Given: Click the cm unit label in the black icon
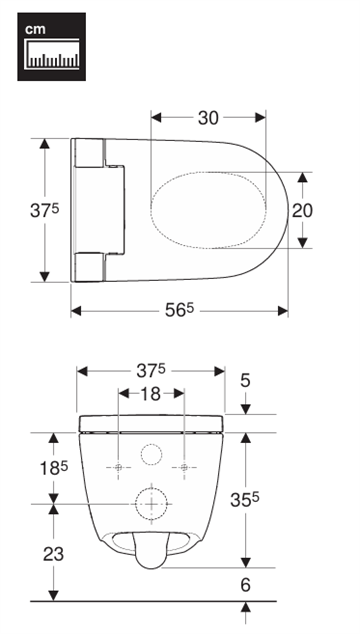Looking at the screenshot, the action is (x=35, y=30).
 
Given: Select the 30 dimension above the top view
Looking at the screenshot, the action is (x=208, y=118).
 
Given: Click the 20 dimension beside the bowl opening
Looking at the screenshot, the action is (x=303, y=211).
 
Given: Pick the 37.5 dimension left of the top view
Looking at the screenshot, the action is (x=44, y=210).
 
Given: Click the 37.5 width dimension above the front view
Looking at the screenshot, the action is (x=150, y=371).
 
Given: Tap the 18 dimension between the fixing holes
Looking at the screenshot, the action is (x=151, y=393).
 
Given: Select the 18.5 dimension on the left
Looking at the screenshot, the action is (x=53, y=468).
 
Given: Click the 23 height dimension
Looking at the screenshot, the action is (x=53, y=554).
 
